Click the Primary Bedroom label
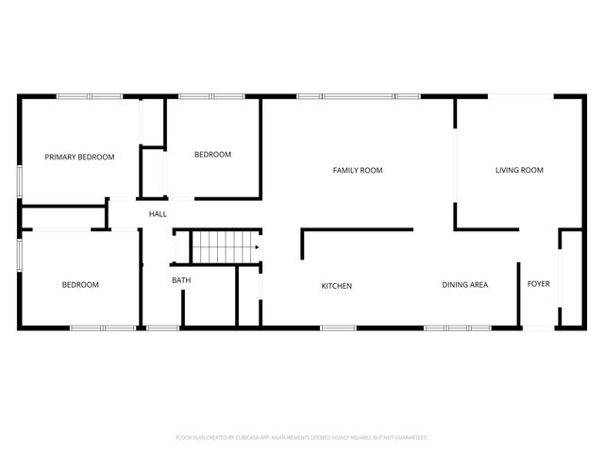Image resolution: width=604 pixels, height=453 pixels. point(80,157)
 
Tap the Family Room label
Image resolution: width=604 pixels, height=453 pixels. point(358,170)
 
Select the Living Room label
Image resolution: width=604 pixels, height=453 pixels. point(519,170)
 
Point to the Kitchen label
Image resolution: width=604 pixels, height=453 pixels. point(337,285)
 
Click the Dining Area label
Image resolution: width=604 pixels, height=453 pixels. point(465,284)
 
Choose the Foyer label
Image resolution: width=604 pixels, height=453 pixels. point(538,284)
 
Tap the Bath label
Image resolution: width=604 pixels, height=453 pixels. point(181,280)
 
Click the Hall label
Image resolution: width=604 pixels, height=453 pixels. point(158,214)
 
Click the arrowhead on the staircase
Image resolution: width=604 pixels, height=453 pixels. point(256,247)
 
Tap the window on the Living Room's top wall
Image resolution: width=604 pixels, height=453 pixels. point(520,95)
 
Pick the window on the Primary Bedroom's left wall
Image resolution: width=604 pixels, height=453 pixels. point(20,181)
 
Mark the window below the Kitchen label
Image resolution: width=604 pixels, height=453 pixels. point(337,327)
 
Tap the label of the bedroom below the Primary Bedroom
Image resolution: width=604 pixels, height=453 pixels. point(80,284)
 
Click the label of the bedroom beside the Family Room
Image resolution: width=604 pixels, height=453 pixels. point(212,155)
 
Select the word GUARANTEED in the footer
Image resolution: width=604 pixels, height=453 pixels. point(408,438)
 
